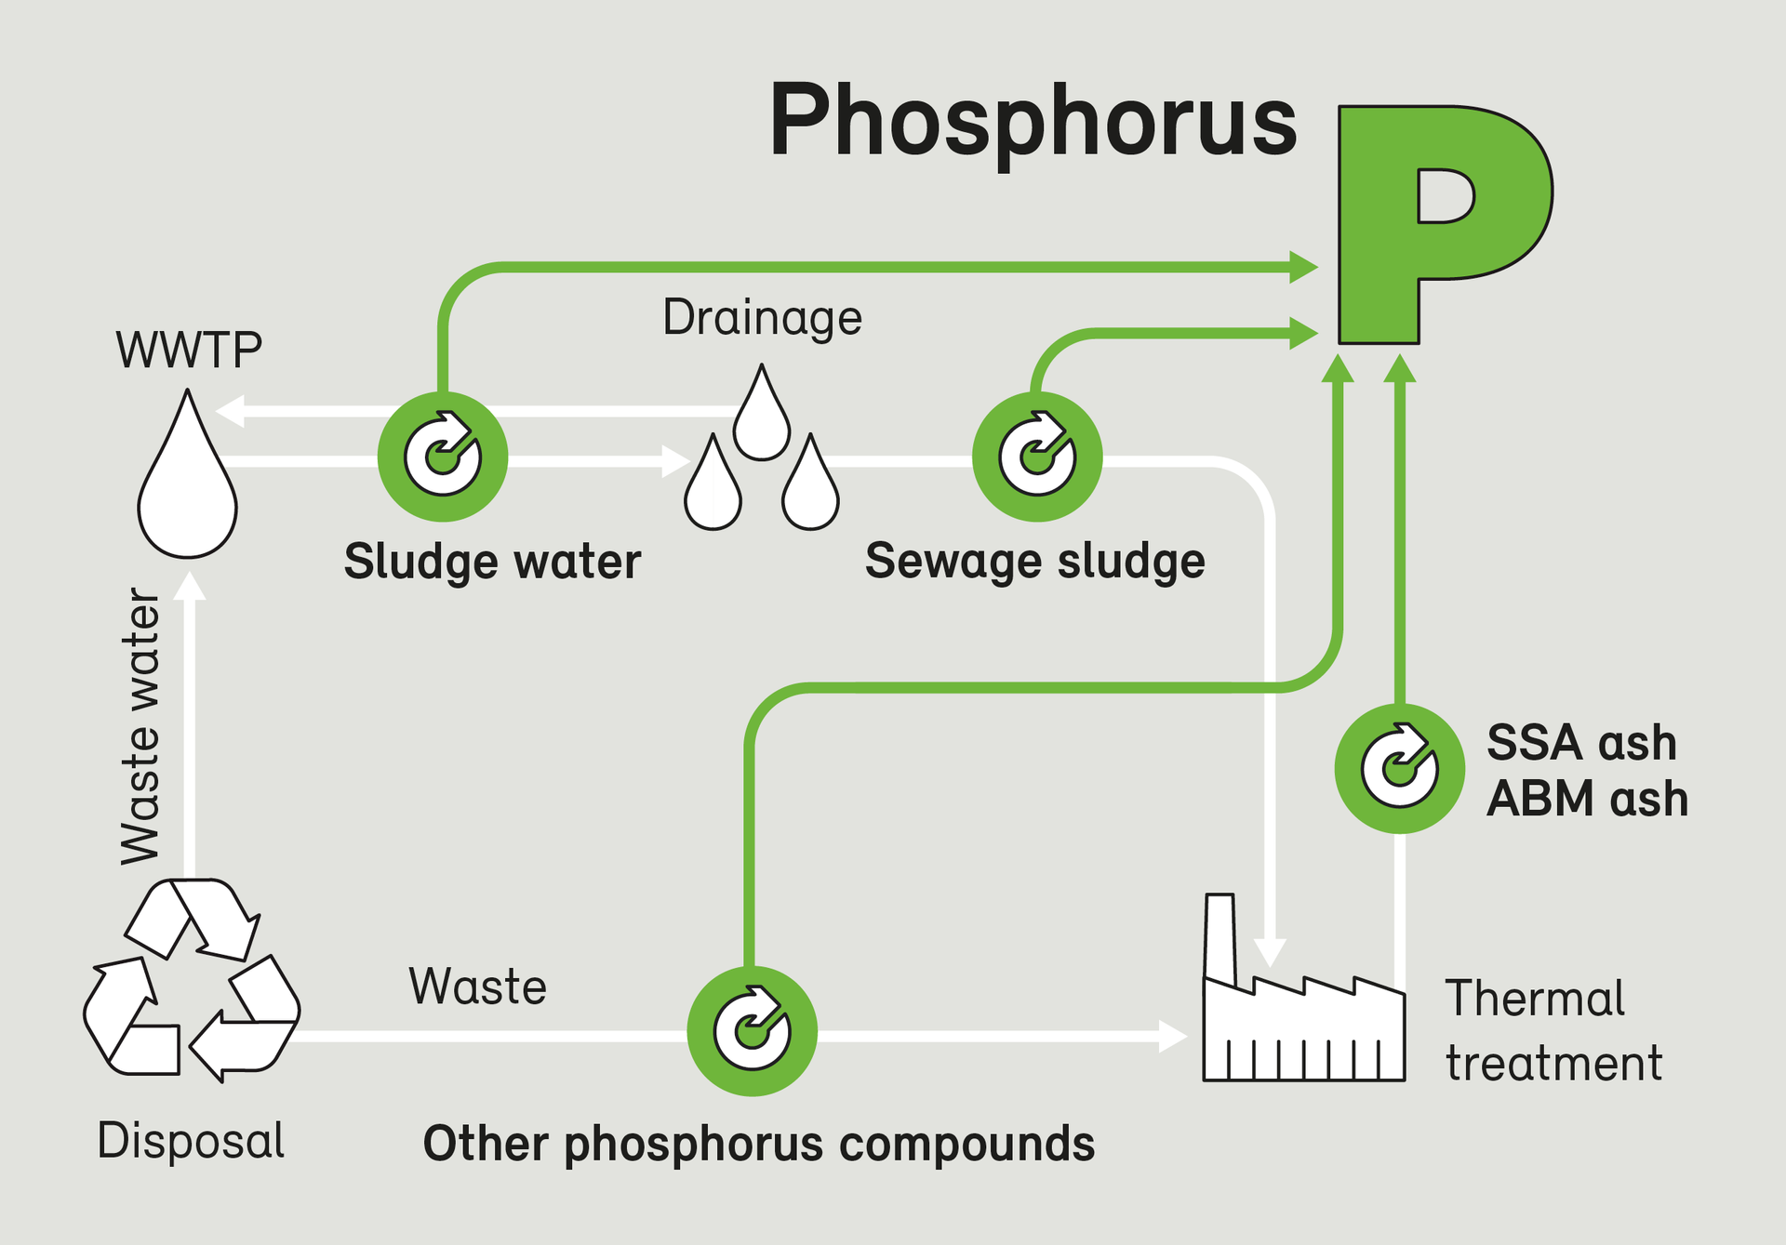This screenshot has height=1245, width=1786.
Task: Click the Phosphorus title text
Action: (1033, 121)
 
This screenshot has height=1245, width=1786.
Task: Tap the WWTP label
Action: (189, 351)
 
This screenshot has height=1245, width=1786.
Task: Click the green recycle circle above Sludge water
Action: (443, 457)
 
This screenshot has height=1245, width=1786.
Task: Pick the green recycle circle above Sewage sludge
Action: (1037, 457)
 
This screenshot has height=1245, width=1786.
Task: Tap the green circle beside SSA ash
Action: (1399, 768)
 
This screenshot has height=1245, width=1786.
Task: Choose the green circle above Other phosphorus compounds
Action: (752, 1030)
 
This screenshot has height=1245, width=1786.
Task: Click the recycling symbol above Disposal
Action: (192, 980)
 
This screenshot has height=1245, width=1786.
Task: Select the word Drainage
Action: (762, 317)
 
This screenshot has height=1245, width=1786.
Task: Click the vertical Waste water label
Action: (141, 725)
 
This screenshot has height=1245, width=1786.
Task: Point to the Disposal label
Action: (191, 1141)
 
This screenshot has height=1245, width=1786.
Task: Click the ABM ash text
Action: (1587, 799)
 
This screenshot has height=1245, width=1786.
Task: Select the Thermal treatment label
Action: (1552, 1030)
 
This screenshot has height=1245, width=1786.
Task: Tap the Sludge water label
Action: (492, 562)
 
